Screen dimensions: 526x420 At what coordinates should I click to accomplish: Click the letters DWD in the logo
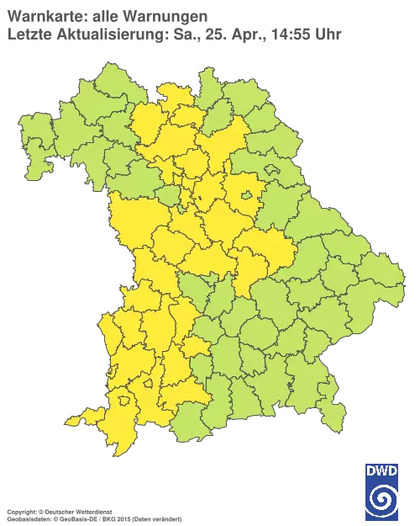382,470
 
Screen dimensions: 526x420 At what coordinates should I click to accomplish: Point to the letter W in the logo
382,470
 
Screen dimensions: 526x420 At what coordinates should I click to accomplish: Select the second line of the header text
172,34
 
